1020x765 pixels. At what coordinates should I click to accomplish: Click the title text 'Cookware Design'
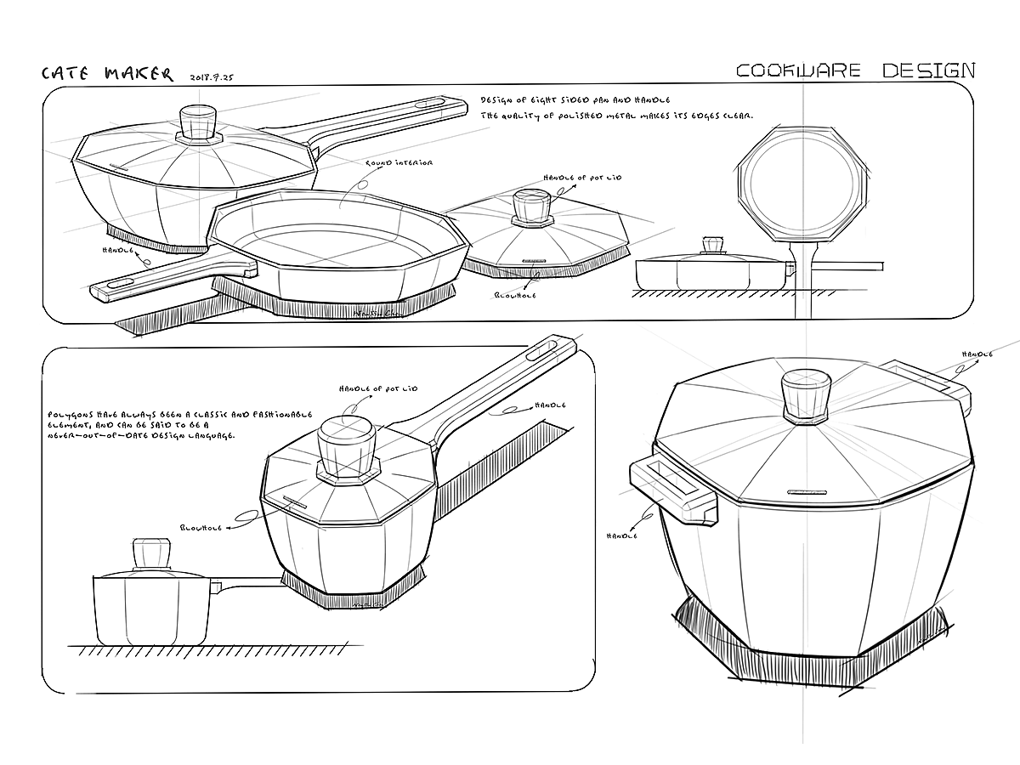click(x=855, y=70)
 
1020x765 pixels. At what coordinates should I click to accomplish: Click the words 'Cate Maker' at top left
click(x=107, y=73)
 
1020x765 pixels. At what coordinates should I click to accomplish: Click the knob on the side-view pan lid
click(x=712, y=246)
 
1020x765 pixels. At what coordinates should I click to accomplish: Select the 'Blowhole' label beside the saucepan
click(x=201, y=527)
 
